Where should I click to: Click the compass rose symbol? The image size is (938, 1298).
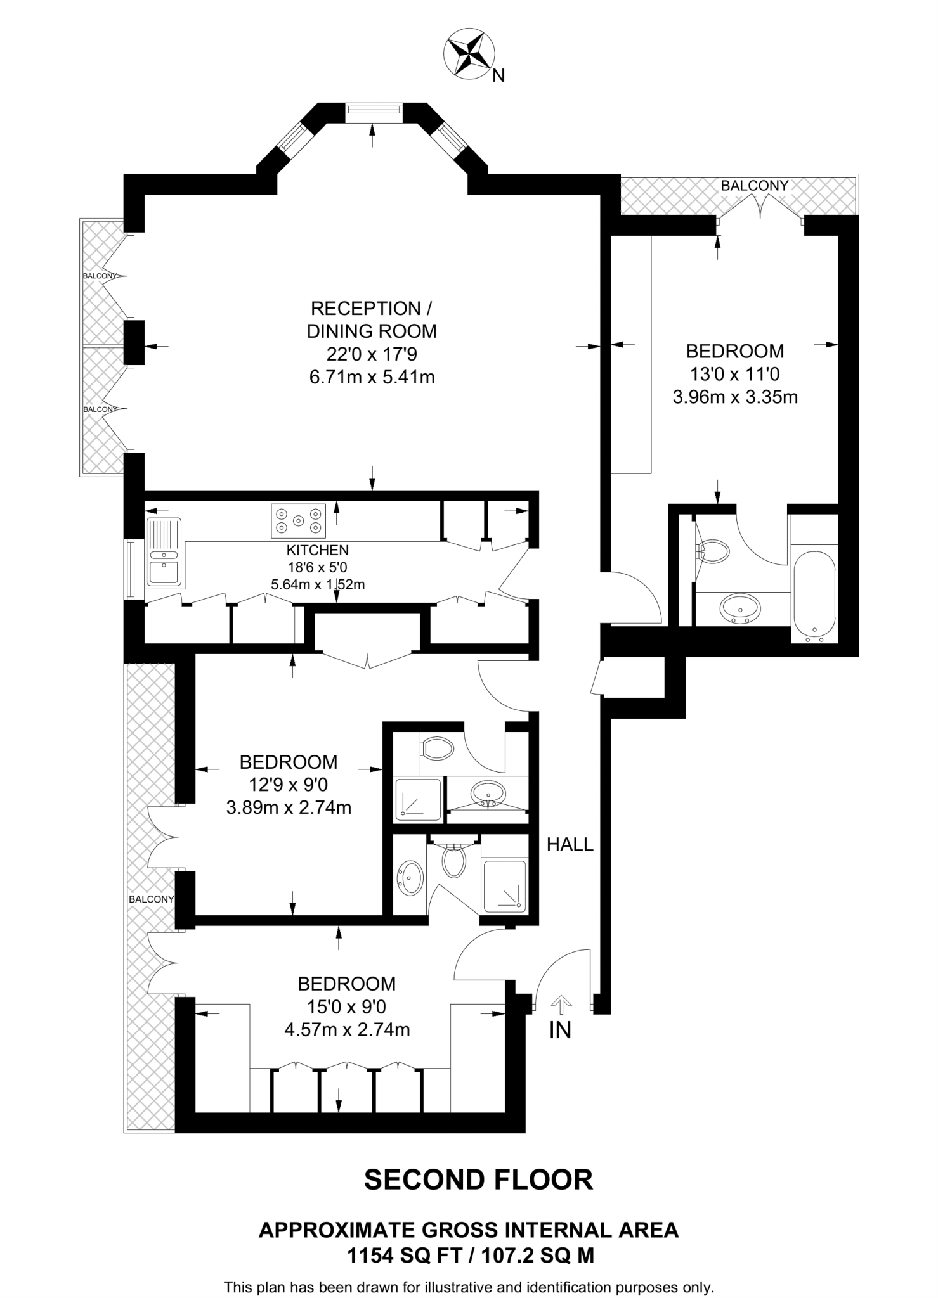(470, 53)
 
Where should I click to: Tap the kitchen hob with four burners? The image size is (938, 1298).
(298, 520)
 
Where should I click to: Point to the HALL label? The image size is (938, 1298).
(570, 844)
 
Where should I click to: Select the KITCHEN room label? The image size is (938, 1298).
(318, 550)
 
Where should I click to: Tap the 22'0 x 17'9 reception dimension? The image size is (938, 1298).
(372, 354)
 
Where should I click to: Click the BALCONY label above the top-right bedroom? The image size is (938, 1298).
(754, 186)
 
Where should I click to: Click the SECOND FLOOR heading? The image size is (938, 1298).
(478, 1179)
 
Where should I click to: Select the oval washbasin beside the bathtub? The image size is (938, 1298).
(739, 608)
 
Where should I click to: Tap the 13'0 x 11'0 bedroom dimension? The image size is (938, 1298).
(735, 374)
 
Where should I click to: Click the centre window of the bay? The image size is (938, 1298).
(374, 113)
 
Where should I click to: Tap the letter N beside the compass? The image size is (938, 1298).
(499, 76)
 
